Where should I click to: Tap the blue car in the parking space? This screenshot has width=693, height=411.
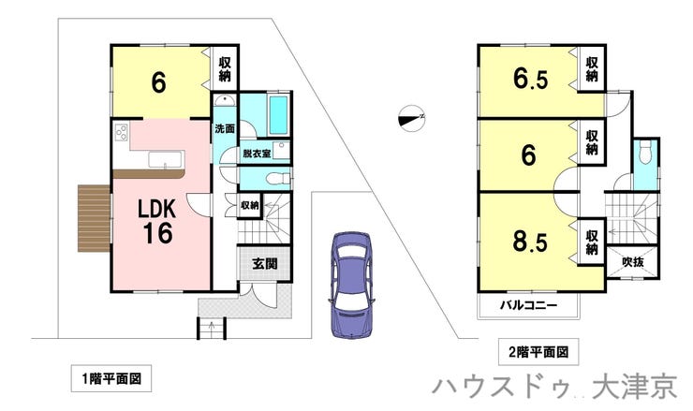[348, 282]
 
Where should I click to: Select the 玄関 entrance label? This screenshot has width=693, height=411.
[263, 264]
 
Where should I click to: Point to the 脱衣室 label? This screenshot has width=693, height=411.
[256, 153]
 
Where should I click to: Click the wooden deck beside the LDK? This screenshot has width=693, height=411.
[93, 218]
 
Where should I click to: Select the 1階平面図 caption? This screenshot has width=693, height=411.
[111, 379]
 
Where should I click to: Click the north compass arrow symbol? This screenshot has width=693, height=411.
[410, 117]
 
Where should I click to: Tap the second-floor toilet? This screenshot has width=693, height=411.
[645, 154]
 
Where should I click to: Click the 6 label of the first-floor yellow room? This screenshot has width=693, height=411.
[159, 82]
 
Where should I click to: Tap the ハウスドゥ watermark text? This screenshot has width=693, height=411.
[506, 387]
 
